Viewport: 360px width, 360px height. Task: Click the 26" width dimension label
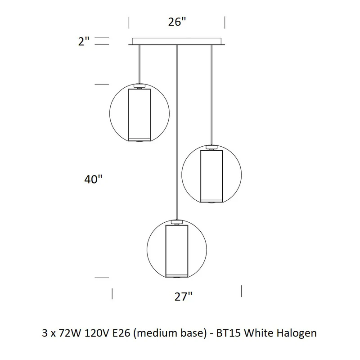pyautogui.click(x=177, y=22)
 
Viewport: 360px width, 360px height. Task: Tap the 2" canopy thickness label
pyautogui.click(x=84, y=41)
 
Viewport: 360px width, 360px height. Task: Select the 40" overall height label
pyautogui.click(x=93, y=179)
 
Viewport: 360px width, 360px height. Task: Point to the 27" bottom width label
pyautogui.click(x=183, y=297)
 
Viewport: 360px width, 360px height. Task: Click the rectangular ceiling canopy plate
pyautogui.click(x=176, y=41)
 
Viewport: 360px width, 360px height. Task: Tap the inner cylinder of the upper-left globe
pyautogui.click(x=139, y=115)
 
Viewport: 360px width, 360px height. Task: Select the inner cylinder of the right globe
pyautogui.click(x=211, y=176)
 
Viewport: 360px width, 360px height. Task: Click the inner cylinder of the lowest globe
pyautogui.click(x=177, y=251)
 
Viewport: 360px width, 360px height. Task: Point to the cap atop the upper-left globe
pyautogui.click(x=139, y=86)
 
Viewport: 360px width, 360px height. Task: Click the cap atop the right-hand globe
pyautogui.click(x=211, y=148)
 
